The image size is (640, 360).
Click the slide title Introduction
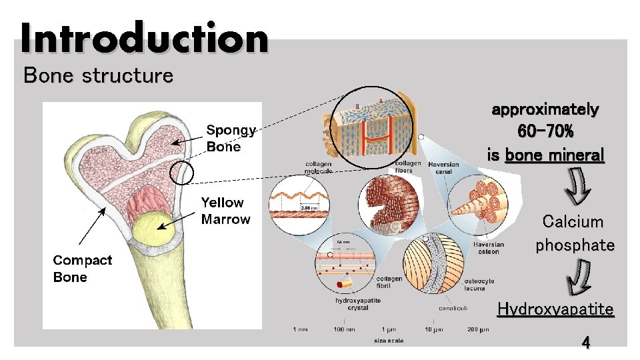point(144,38)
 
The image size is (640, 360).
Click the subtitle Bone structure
point(98,75)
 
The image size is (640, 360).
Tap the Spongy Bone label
point(231,138)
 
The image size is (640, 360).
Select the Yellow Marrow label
point(226,211)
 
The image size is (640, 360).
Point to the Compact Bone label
point(83,268)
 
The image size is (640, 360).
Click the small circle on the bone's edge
point(181,173)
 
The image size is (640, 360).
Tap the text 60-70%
point(545,132)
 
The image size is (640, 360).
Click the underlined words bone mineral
point(555,155)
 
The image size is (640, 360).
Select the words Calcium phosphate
point(574,233)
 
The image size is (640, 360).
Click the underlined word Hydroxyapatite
point(555,309)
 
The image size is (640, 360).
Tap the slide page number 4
point(585,343)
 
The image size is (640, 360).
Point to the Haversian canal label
point(443,168)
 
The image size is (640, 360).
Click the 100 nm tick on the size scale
point(343,329)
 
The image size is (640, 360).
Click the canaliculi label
point(453,308)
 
